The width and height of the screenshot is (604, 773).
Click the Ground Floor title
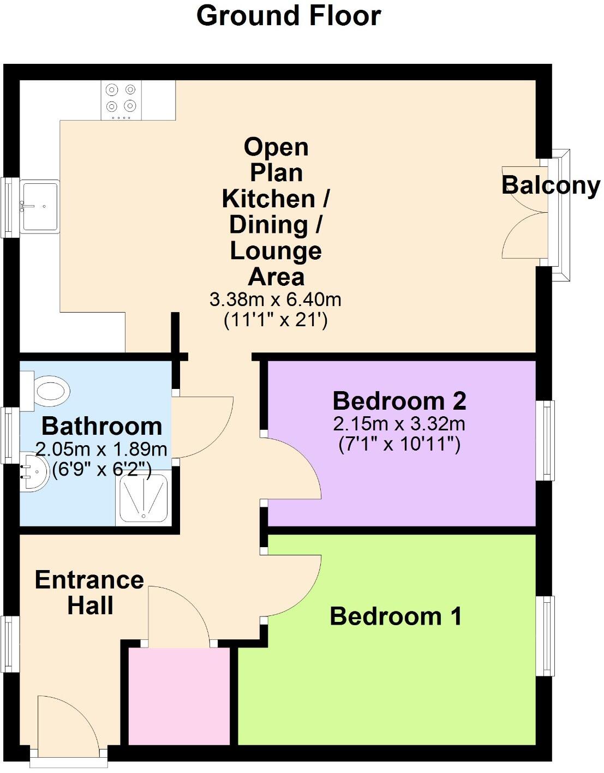288,16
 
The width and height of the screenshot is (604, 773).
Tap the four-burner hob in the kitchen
121,100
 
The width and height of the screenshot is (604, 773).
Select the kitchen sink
39,206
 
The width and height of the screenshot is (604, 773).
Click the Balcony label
550,185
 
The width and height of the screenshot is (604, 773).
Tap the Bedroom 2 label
399,401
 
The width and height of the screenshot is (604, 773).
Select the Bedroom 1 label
396,616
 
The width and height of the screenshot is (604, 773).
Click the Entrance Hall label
89,592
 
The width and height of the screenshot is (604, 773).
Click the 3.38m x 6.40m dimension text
276,299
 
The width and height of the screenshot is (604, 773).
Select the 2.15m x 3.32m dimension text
399,423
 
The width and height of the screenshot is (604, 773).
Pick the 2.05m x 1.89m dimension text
101,450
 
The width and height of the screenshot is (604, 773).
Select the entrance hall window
9,644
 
